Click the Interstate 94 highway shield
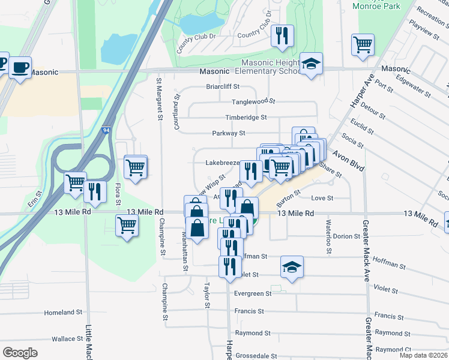click(x=106, y=130)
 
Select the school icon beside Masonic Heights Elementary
click(x=311, y=64)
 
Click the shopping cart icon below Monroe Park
click(x=363, y=44)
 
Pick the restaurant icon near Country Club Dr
click(x=281, y=35)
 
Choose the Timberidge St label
click(x=246, y=118)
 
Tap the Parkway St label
click(x=229, y=133)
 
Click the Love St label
click(x=322, y=198)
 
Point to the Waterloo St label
click(x=328, y=236)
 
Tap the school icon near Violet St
click(x=292, y=267)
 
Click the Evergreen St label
click(x=253, y=294)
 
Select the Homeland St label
click(x=62, y=313)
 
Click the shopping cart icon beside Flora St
click(x=136, y=166)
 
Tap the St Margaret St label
click(x=160, y=98)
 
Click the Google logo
click(x=20, y=353)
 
